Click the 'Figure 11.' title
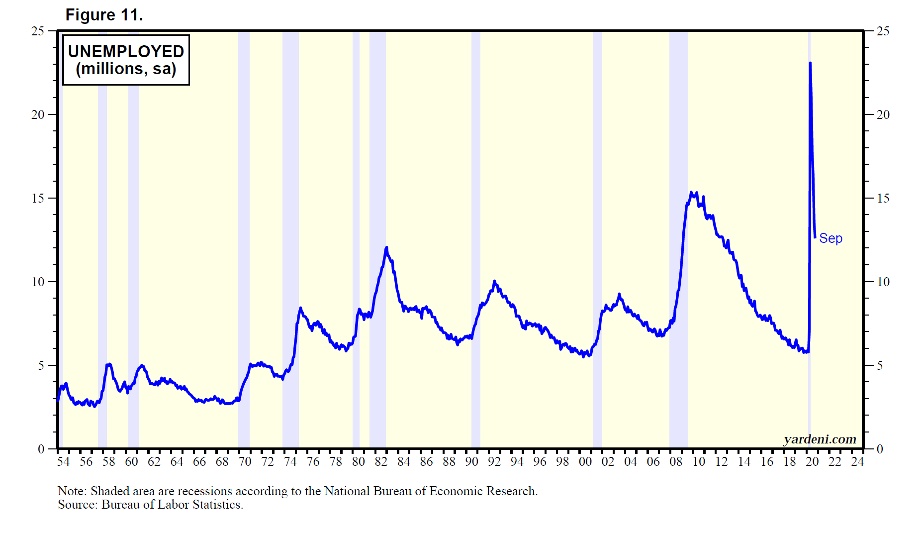[x=104, y=15]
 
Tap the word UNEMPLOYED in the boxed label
[x=126, y=51]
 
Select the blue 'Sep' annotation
[x=830, y=238]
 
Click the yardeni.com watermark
[x=820, y=439]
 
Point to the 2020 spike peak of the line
[x=810, y=63]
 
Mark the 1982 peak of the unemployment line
[x=386, y=247]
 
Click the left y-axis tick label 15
[x=38, y=198]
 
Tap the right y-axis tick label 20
[x=883, y=114]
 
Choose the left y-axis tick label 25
[x=38, y=31]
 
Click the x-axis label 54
[x=63, y=462]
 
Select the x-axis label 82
[x=381, y=462]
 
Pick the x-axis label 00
[x=585, y=462]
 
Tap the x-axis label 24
[x=857, y=462]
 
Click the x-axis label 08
[x=676, y=462]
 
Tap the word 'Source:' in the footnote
[x=78, y=505]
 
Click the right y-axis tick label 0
[x=880, y=449]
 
